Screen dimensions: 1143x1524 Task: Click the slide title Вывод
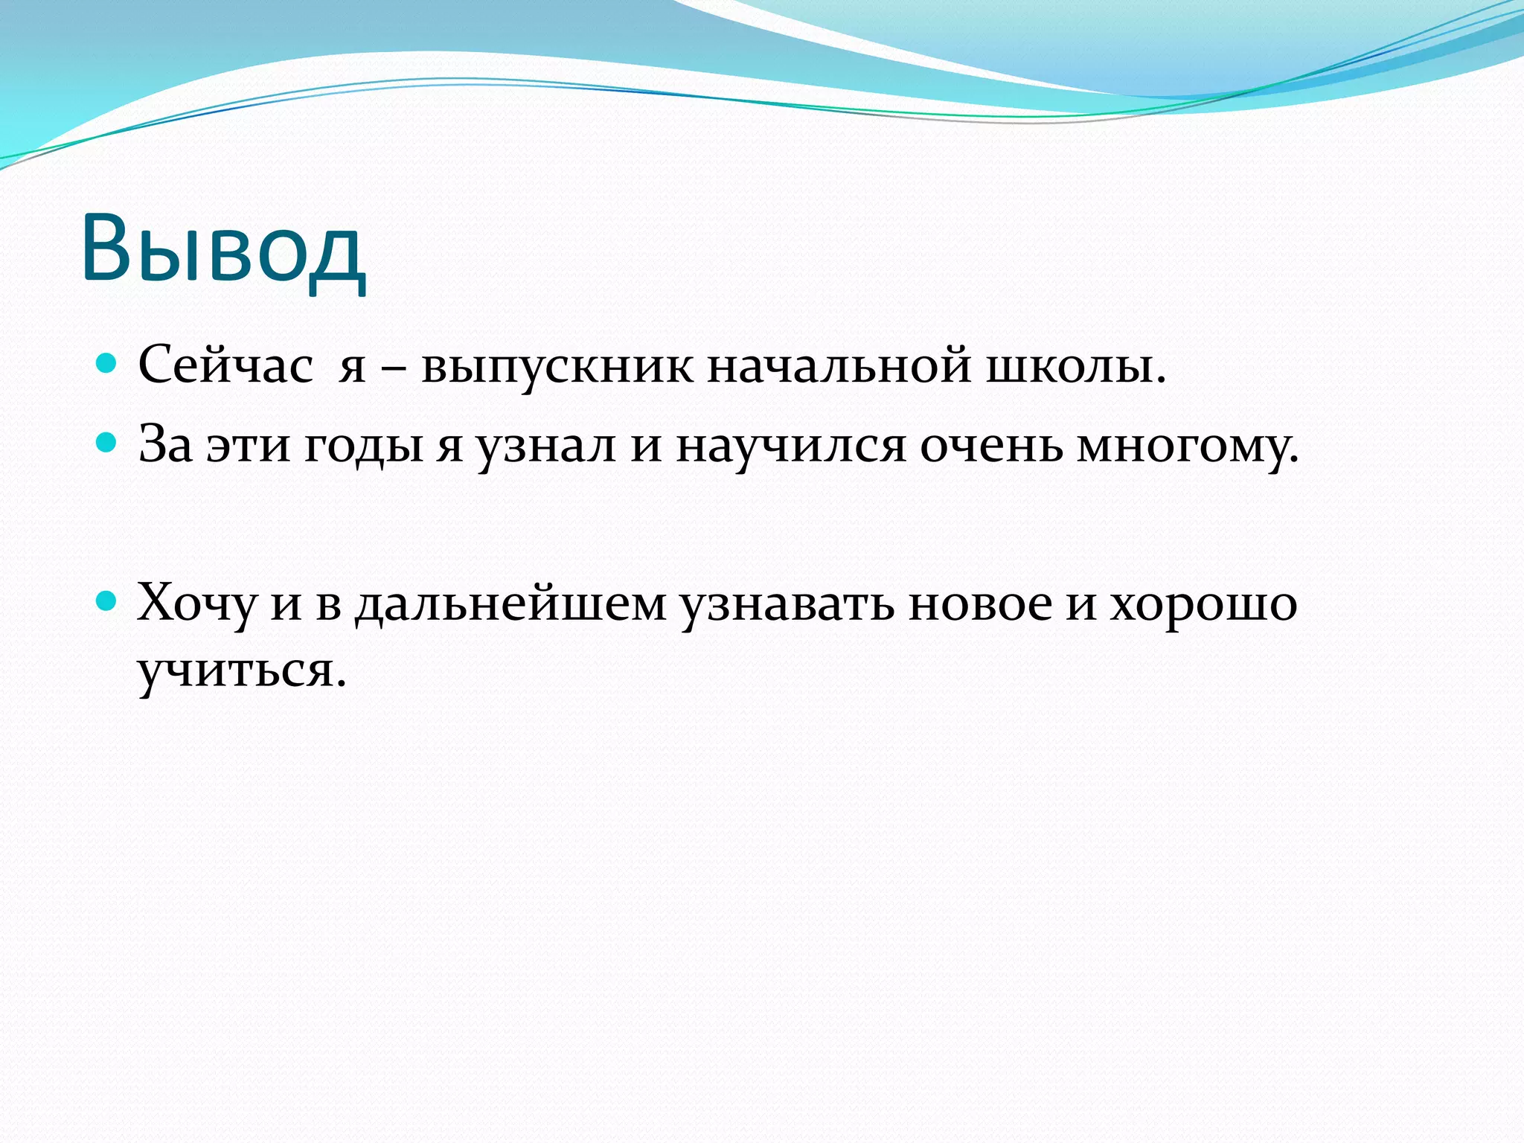click(223, 249)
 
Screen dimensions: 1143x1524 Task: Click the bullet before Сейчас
click(108, 364)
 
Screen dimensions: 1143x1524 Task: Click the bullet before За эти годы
click(108, 444)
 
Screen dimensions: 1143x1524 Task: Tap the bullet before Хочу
click(108, 601)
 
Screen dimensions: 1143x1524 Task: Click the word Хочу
click(196, 603)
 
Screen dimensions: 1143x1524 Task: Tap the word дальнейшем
click(510, 603)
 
